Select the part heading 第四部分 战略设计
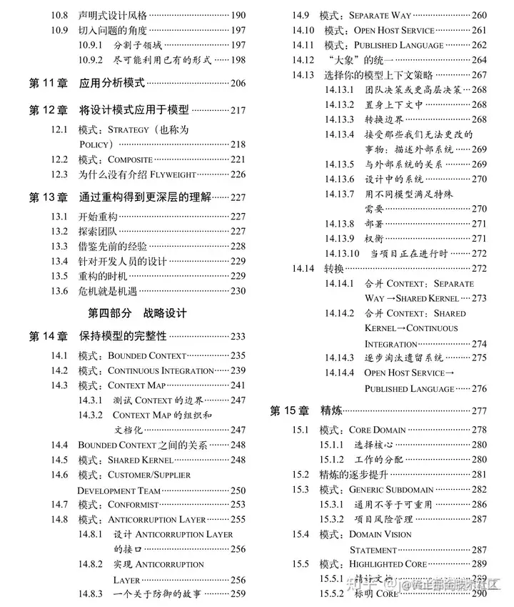click(136, 313)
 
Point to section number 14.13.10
click(342, 253)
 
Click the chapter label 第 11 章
click(48, 84)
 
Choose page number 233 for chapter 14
click(237, 337)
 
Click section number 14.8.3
click(91, 594)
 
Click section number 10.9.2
click(91, 60)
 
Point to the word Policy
click(96, 144)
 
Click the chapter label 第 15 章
click(289, 411)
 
